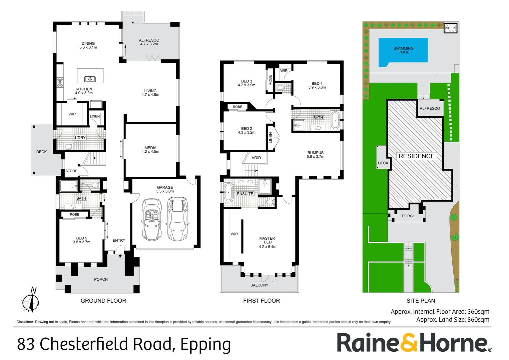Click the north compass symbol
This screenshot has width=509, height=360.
point(31,301)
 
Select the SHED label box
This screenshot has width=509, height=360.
point(450,28)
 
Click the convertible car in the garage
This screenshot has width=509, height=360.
point(152,219)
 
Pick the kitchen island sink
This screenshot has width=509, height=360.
point(90,79)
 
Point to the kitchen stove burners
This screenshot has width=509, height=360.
point(60,82)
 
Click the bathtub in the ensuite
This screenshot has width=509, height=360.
point(229,192)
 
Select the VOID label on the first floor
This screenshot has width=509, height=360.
point(256,158)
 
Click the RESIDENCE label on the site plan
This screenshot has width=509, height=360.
point(416,156)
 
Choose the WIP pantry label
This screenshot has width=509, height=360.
point(72,114)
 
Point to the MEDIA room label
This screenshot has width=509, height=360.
point(150,148)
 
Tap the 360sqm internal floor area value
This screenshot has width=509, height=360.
point(478,312)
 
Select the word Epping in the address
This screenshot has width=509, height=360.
point(205,344)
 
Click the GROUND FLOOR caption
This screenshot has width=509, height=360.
point(103,301)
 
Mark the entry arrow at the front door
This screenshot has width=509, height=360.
point(120,256)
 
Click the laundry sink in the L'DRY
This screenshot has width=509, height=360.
point(68,146)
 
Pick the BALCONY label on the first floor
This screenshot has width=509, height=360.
point(259,285)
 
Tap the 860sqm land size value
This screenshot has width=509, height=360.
point(478,320)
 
